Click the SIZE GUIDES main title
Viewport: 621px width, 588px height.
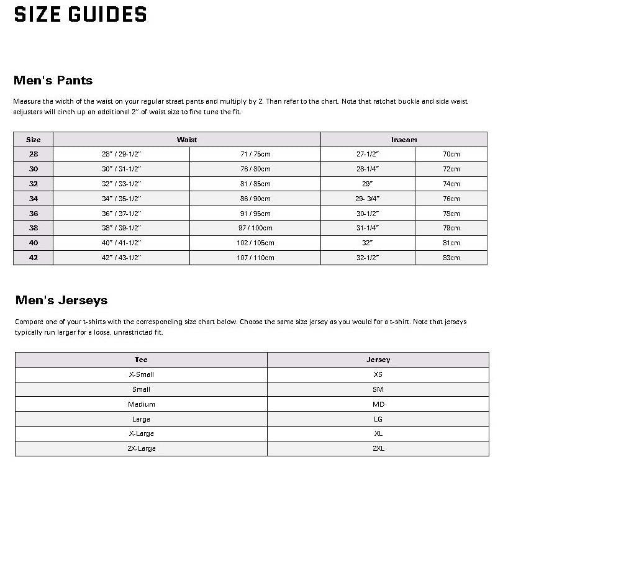pyautogui.click(x=80, y=14)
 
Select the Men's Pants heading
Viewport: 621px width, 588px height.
pyautogui.click(x=53, y=80)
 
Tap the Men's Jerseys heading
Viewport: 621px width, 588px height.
pyautogui.click(x=61, y=300)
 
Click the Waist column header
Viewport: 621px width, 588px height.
pyautogui.click(x=186, y=140)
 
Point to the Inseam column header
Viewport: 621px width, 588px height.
pyautogui.click(x=404, y=140)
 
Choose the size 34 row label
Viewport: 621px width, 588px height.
pyautogui.click(x=33, y=199)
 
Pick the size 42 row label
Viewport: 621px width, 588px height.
pyautogui.click(x=33, y=258)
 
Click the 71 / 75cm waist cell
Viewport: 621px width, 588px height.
pyautogui.click(x=255, y=154)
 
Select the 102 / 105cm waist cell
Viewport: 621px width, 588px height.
pyautogui.click(x=255, y=243)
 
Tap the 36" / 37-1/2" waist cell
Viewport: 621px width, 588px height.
pyautogui.click(x=121, y=214)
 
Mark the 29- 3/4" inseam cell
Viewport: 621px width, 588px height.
pyautogui.click(x=367, y=199)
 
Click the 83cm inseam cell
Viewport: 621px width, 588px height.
pyautogui.click(x=451, y=258)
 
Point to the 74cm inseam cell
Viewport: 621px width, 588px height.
pyautogui.click(x=451, y=184)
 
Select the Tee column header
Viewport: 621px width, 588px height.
pyautogui.click(x=141, y=360)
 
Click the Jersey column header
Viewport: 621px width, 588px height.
pyautogui.click(x=378, y=360)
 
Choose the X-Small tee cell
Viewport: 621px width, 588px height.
pyautogui.click(x=141, y=374)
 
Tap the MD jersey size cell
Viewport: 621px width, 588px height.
pyautogui.click(x=378, y=404)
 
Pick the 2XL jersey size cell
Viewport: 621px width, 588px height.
pyautogui.click(x=378, y=448)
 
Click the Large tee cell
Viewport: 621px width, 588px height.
pyautogui.click(x=141, y=419)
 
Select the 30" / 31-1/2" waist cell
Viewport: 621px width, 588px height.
pyautogui.click(x=121, y=169)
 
